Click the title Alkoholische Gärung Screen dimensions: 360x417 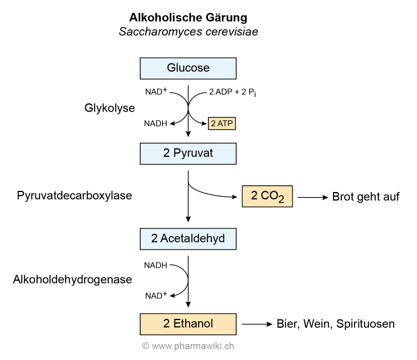coord(188,17)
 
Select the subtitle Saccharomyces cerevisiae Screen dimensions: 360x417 coord(188,32)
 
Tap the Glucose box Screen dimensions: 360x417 coord(188,68)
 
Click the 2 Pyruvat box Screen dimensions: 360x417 coord(188,153)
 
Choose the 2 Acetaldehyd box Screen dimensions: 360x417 coord(188,238)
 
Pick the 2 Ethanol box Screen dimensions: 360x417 coord(188,324)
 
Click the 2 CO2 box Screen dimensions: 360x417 coord(267,196)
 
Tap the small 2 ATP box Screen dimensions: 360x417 coord(222,124)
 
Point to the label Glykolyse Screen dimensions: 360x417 coord(109,108)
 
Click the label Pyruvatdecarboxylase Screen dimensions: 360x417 coord(75,196)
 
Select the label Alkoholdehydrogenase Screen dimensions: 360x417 coord(72,280)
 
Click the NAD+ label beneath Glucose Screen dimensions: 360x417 coord(156,92)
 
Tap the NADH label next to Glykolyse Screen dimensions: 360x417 coord(156,124)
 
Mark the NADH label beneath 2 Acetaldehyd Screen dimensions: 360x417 coord(156,265)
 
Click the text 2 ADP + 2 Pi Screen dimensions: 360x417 coord(233,92)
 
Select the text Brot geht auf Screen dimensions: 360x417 coord(365,197)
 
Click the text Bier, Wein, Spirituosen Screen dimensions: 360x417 coord(335,324)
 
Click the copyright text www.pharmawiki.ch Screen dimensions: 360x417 coord(188,346)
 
